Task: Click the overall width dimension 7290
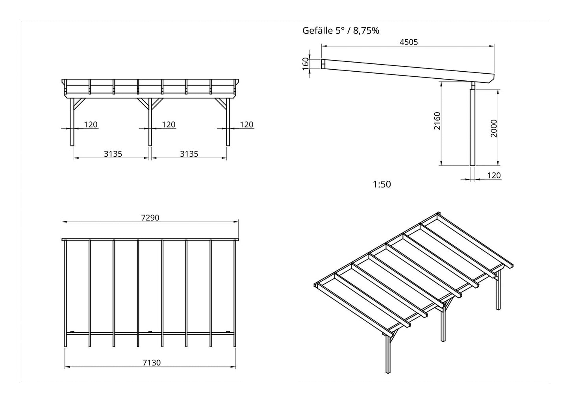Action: [x=150, y=218]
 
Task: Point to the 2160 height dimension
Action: [x=437, y=122]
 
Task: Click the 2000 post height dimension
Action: [x=495, y=128]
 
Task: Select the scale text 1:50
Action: [x=382, y=184]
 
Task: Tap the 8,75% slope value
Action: [x=366, y=31]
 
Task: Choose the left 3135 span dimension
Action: [x=113, y=154]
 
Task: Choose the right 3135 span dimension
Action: [x=189, y=154]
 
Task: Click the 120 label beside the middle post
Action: [x=169, y=124]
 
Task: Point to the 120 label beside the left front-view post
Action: [x=91, y=124]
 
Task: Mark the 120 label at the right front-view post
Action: [x=247, y=124]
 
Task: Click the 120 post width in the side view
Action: [x=494, y=175]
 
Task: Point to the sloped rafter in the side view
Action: [x=406, y=70]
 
